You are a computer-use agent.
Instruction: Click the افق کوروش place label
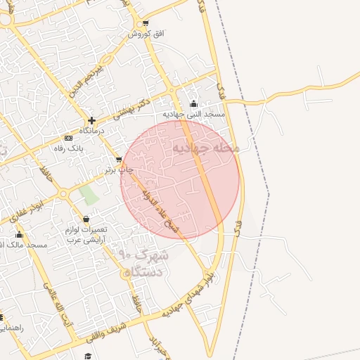pos(146,34)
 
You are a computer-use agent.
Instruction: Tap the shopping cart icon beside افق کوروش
pos(145,23)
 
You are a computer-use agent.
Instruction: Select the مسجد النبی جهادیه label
pos(193,114)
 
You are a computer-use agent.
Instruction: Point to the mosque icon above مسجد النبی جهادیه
pos(194,104)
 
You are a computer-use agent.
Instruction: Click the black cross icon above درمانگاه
pos(91,120)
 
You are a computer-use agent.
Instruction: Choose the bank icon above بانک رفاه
pos(67,138)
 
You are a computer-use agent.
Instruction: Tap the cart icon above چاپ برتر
pos(118,160)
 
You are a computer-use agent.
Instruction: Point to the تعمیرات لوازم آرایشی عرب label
pos(85,235)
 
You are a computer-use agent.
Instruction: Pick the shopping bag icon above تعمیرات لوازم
pos(86,219)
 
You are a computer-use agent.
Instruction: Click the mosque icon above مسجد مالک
pos(19,235)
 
